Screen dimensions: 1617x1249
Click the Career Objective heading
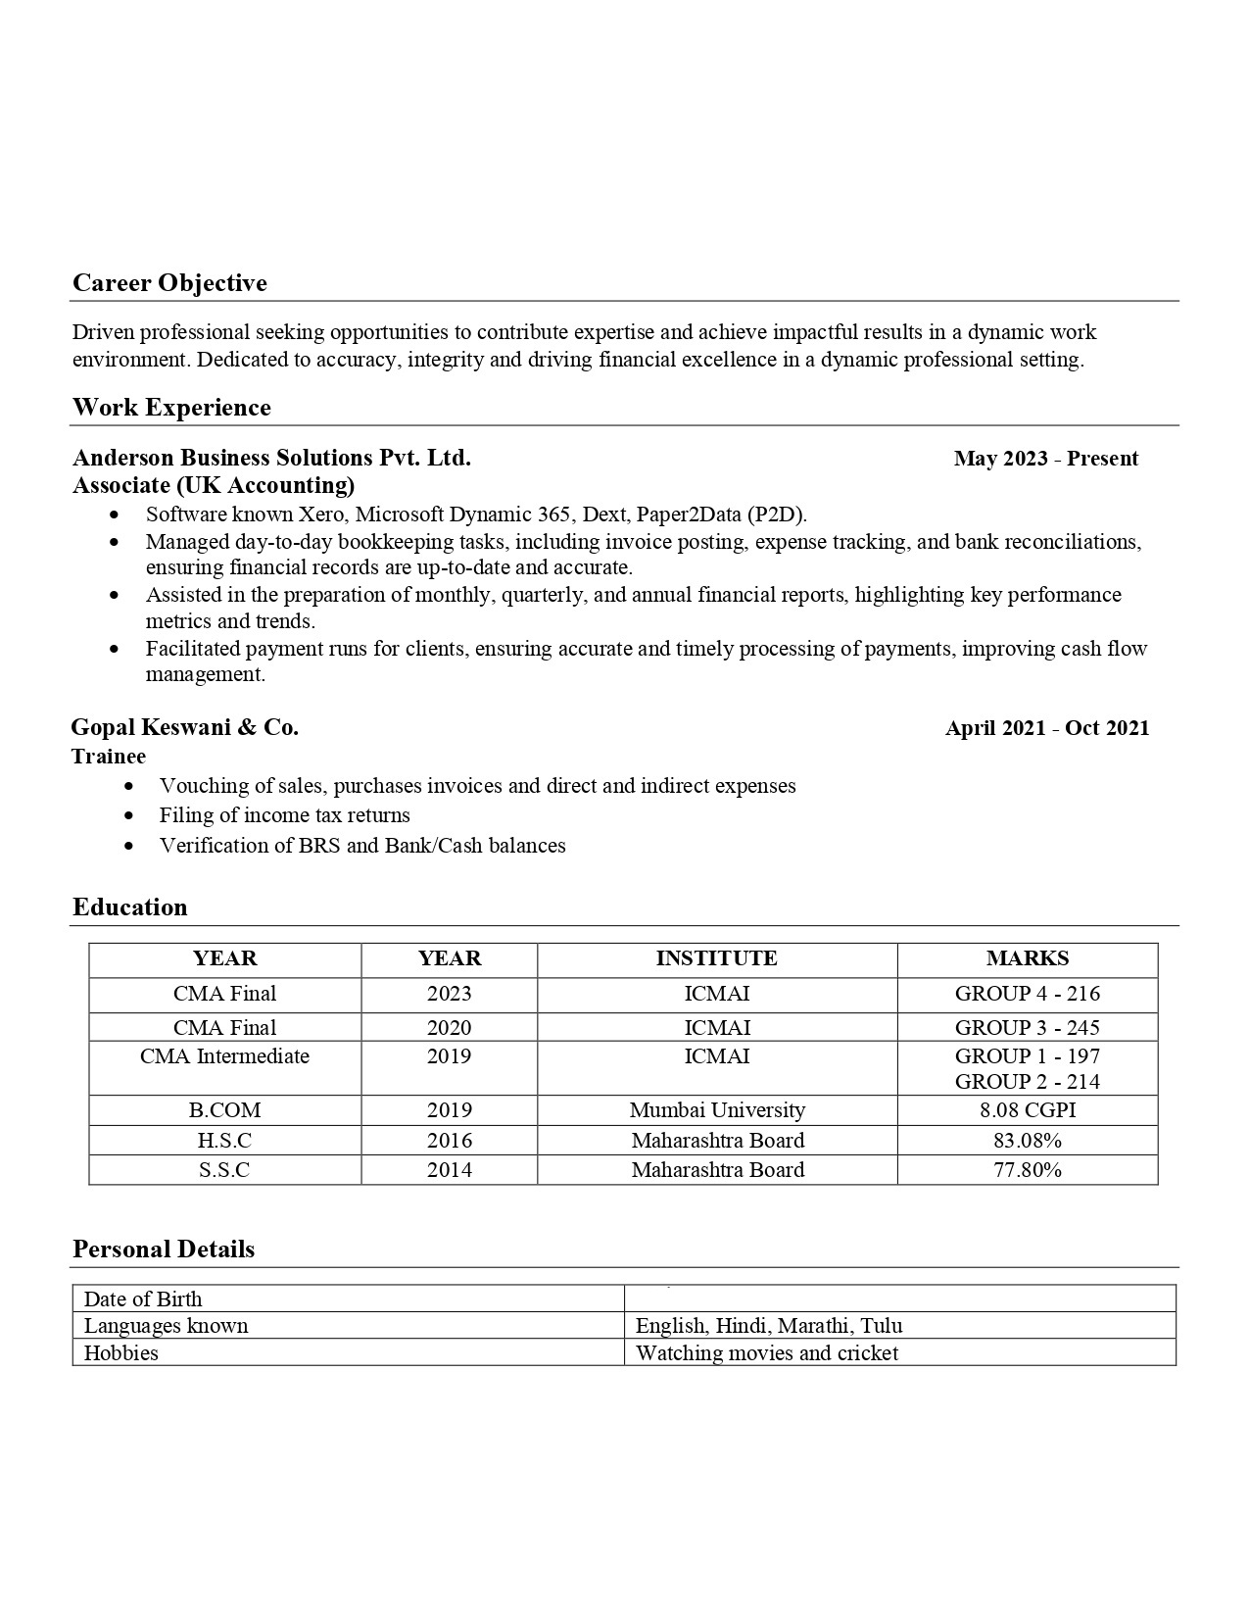pyautogui.click(x=169, y=283)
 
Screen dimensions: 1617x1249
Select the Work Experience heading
pyautogui.click(x=171, y=408)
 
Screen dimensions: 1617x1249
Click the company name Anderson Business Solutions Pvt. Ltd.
pyautogui.click(x=271, y=458)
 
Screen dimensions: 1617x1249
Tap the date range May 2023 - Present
pyautogui.click(x=1045, y=459)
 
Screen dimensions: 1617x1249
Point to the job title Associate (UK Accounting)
pyautogui.click(x=214, y=485)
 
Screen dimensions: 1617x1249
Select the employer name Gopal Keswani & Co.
pyautogui.click(x=185, y=727)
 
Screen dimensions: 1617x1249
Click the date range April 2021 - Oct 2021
pyautogui.click(x=1047, y=728)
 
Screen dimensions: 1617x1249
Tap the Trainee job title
pyautogui.click(x=109, y=757)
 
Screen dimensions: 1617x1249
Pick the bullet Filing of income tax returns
pyautogui.click(x=284, y=815)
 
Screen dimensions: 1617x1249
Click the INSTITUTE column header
pyautogui.click(x=716, y=958)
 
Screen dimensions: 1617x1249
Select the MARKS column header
pyautogui.click(x=1027, y=958)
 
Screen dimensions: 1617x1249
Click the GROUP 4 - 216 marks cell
pyautogui.click(x=1027, y=994)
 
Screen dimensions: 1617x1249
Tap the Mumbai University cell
pyautogui.click(x=716, y=1110)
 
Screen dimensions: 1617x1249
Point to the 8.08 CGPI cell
pyautogui.click(x=1027, y=1110)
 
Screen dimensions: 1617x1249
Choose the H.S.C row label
pyautogui.click(x=224, y=1141)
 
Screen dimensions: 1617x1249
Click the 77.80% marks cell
pyautogui.click(x=1027, y=1170)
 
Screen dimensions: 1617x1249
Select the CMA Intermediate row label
pyautogui.click(x=224, y=1056)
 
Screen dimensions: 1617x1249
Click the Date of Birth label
pyautogui.click(x=143, y=1299)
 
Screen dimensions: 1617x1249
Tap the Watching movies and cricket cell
pyautogui.click(x=766, y=1353)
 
